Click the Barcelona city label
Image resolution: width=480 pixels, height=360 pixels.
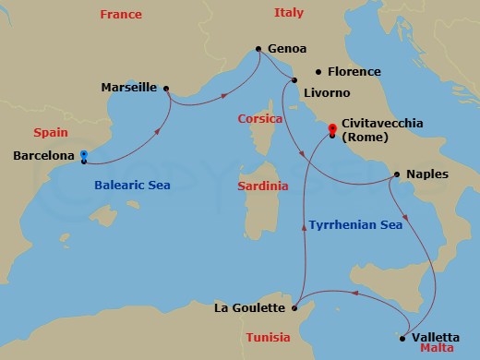(x=43, y=156)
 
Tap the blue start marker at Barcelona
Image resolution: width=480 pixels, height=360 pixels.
(x=84, y=155)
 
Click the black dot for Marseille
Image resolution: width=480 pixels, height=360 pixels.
(x=165, y=89)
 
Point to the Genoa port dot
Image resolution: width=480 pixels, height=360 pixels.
(x=258, y=49)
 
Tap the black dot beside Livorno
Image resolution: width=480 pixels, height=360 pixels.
(x=294, y=80)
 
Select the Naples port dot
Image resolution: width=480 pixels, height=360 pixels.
(x=396, y=174)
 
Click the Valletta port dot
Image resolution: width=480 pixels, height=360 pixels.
(x=402, y=338)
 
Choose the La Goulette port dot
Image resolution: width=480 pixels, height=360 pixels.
(x=294, y=307)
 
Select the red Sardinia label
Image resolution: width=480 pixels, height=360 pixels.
(x=262, y=186)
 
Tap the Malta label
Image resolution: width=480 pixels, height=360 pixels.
(x=437, y=351)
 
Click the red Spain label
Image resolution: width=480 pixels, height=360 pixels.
(x=50, y=132)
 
